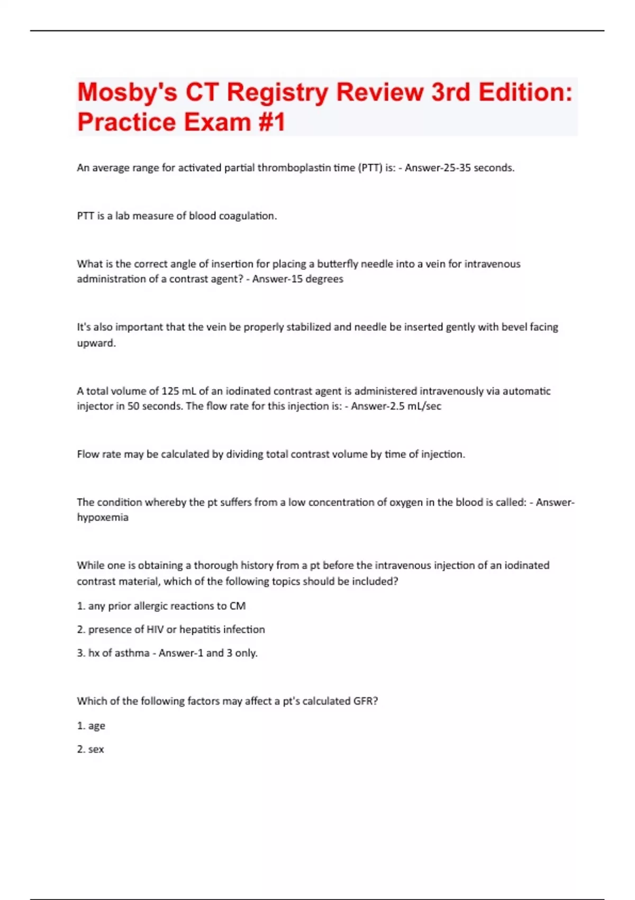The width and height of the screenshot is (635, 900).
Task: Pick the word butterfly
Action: click(x=337, y=264)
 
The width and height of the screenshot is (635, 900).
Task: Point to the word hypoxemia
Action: click(x=103, y=517)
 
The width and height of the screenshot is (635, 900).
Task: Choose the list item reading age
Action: click(x=96, y=726)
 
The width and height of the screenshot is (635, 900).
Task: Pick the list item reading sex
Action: click(x=96, y=749)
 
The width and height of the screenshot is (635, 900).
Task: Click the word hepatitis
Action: click(x=199, y=629)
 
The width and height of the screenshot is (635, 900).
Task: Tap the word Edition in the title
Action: click(x=525, y=93)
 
